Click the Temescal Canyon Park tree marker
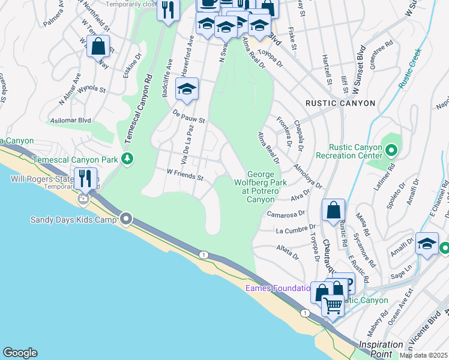(127, 159)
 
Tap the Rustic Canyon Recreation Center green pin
(391, 149)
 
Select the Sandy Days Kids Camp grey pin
(125, 219)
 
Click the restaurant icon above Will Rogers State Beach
(85, 178)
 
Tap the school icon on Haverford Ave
(187, 89)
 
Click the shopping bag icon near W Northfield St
(98, 46)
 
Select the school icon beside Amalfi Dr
(427, 244)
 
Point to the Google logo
(20, 353)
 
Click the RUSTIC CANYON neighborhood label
(340, 103)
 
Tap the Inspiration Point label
(381, 349)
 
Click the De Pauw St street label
(189, 116)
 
